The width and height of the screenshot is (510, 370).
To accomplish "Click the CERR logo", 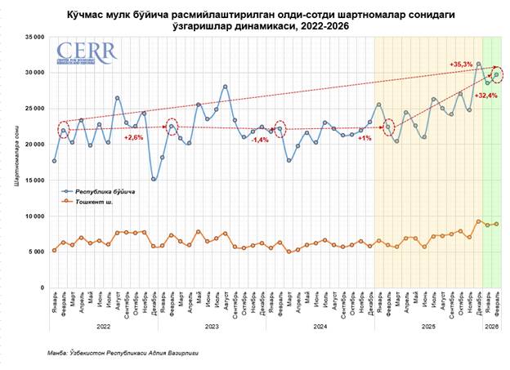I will [x=87, y=53].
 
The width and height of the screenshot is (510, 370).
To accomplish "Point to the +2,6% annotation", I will [x=134, y=136].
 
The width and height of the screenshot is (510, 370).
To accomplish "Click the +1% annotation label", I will [x=365, y=138].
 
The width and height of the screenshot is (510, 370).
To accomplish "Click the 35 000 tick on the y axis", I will [x=33, y=37].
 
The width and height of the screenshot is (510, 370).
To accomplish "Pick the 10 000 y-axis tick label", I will [x=33, y=216].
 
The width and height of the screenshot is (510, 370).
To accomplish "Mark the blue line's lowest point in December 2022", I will [x=154, y=179].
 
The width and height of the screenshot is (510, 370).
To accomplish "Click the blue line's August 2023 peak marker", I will [x=225, y=87].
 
